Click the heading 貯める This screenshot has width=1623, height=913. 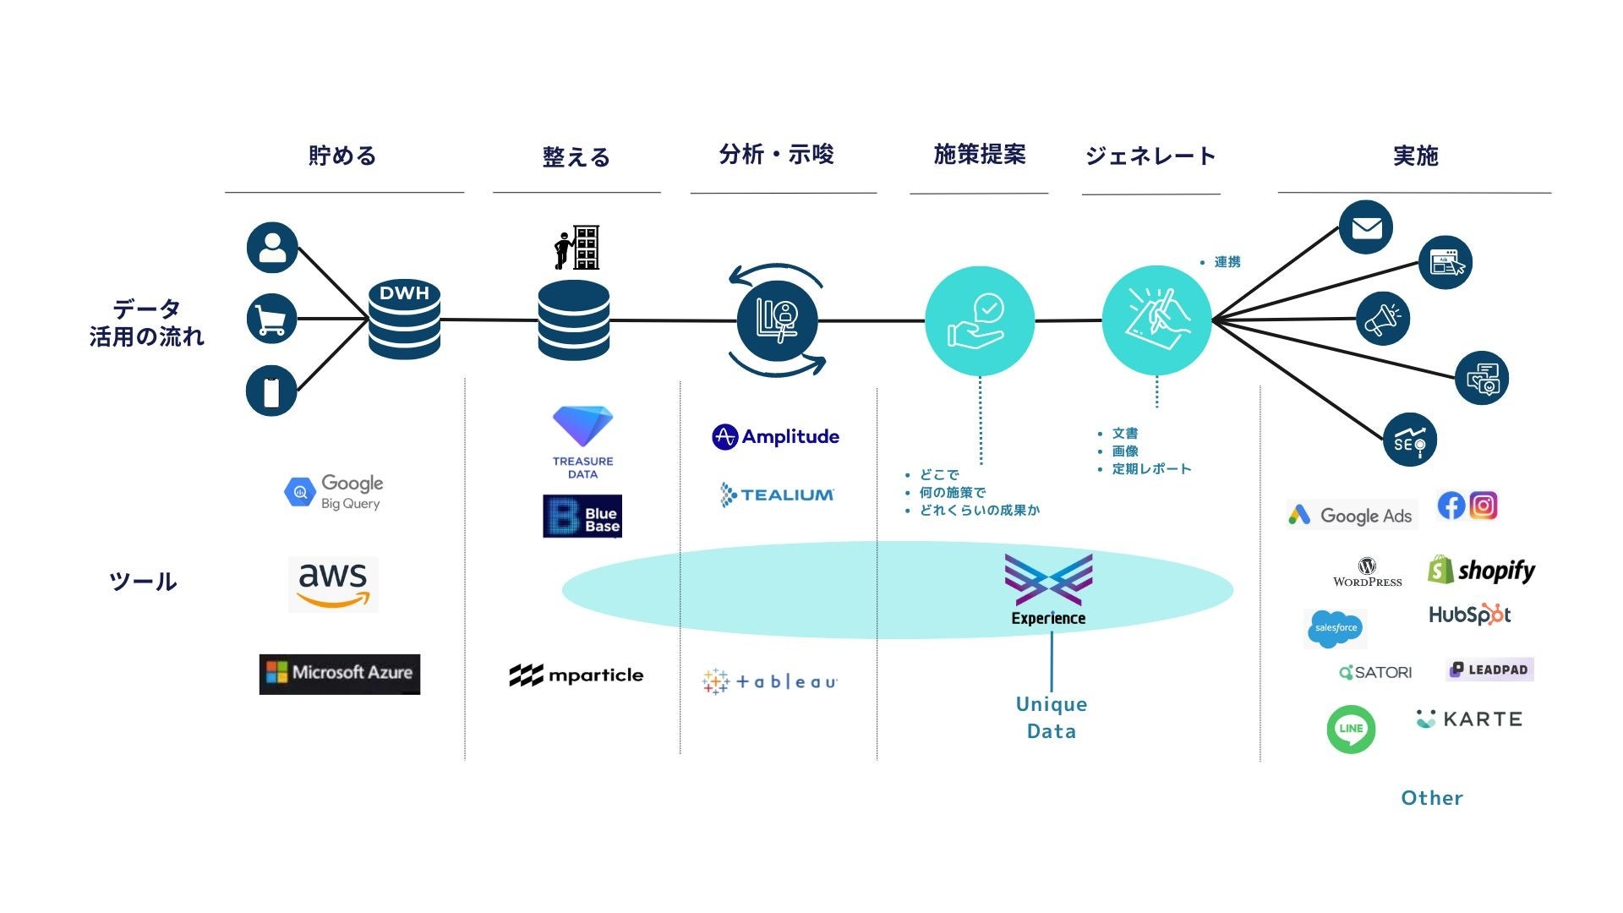[x=342, y=156]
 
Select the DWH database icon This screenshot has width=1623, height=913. [x=404, y=320]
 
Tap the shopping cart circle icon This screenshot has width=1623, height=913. [x=271, y=319]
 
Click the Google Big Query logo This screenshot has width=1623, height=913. [x=334, y=492]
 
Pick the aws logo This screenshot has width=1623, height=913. [x=333, y=583]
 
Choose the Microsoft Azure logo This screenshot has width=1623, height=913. [x=339, y=674]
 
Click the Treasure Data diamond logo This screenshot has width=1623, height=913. [x=582, y=442]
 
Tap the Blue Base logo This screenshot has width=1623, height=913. [x=582, y=516]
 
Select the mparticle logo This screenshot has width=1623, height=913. [x=576, y=675]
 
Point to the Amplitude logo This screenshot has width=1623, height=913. [x=775, y=437]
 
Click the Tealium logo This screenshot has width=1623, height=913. [x=776, y=495]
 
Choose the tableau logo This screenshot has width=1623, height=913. [x=769, y=681]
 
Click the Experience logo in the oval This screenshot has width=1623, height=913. [x=1048, y=590]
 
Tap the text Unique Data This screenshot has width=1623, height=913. [x=1052, y=718]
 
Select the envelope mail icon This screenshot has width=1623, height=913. [x=1366, y=227]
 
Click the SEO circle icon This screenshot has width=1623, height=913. [x=1409, y=440]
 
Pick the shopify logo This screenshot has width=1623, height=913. [x=1481, y=571]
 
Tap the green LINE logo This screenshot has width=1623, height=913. [x=1351, y=729]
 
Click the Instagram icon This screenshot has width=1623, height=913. [x=1484, y=506]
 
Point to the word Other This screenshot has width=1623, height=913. [x=1431, y=798]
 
